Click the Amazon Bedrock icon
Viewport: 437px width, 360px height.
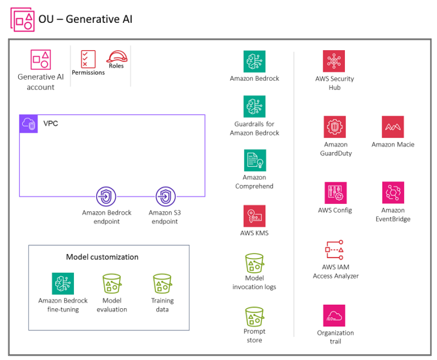(254, 62)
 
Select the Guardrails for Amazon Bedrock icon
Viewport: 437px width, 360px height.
(254, 107)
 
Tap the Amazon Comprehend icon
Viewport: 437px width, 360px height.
(254, 161)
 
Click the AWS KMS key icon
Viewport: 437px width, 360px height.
(254, 216)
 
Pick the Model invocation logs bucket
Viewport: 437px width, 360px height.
(254, 263)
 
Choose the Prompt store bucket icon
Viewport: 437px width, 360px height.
(254, 316)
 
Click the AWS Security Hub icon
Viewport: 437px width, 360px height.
(334, 62)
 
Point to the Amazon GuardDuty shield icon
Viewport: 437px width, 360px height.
(335, 127)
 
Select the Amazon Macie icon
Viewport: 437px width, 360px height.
(393, 127)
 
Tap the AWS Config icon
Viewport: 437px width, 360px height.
(335, 193)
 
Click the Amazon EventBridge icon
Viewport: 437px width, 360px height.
(393, 193)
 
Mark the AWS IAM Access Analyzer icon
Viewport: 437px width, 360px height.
(335, 250)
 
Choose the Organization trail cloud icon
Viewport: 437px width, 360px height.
(335, 316)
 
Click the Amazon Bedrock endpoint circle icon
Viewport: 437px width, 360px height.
(106, 197)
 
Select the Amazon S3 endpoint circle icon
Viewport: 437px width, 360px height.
(166, 197)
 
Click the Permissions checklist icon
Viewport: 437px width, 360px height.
(88, 59)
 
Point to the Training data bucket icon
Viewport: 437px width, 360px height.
(162, 284)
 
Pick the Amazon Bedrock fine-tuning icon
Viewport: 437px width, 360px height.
(63, 284)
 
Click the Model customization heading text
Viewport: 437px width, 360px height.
(102, 257)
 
